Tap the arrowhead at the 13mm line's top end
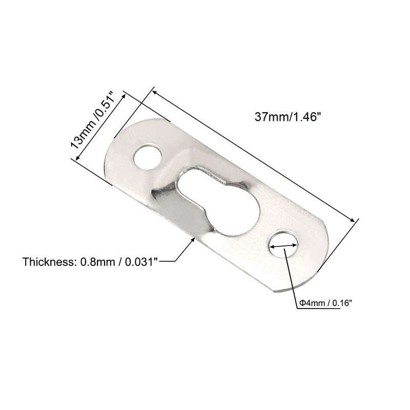pyautogui.click(x=125, y=96)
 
